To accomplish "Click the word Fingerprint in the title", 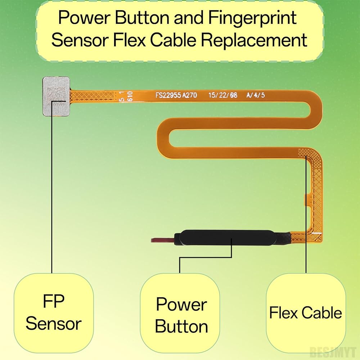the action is (252, 17).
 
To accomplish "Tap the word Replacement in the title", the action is (254, 40).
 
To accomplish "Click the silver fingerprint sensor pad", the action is (56, 96).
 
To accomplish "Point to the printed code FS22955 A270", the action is (176, 95).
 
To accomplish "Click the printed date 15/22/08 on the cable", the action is (222, 95).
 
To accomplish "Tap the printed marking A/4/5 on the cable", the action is (255, 95).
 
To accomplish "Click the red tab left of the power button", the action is (162, 240).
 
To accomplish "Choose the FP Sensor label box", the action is (54, 313).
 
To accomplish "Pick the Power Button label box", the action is (180, 313).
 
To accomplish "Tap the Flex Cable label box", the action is (306, 313).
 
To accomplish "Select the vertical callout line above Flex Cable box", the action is (306, 214).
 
